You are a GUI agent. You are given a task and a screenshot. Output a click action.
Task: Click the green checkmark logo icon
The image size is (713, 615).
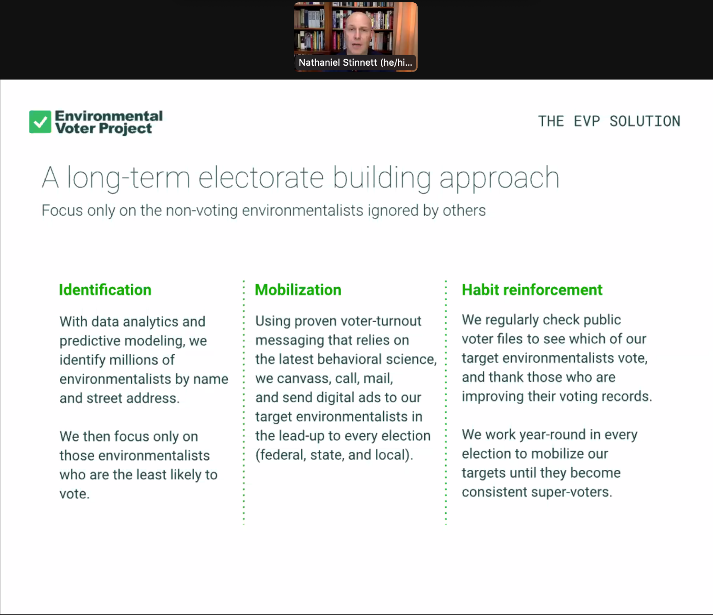pos(40,122)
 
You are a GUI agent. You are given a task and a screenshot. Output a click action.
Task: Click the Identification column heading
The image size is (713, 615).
pos(105,290)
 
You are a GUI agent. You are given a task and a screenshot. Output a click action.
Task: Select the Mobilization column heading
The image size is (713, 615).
pos(298,290)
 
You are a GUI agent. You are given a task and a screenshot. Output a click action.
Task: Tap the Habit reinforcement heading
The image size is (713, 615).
pos(532,290)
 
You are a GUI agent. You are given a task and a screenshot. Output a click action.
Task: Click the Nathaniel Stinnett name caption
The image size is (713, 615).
pos(355,63)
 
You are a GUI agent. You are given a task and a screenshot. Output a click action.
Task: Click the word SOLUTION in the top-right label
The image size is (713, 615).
pos(645,121)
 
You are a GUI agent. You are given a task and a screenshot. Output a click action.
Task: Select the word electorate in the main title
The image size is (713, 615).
pos(261,177)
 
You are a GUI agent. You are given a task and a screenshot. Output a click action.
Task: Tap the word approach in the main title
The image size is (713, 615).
pos(499,178)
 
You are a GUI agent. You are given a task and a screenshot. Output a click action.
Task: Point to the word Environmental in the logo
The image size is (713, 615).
pos(109,116)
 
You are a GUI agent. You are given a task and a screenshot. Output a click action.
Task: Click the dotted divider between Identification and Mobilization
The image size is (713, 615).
pos(244,403)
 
